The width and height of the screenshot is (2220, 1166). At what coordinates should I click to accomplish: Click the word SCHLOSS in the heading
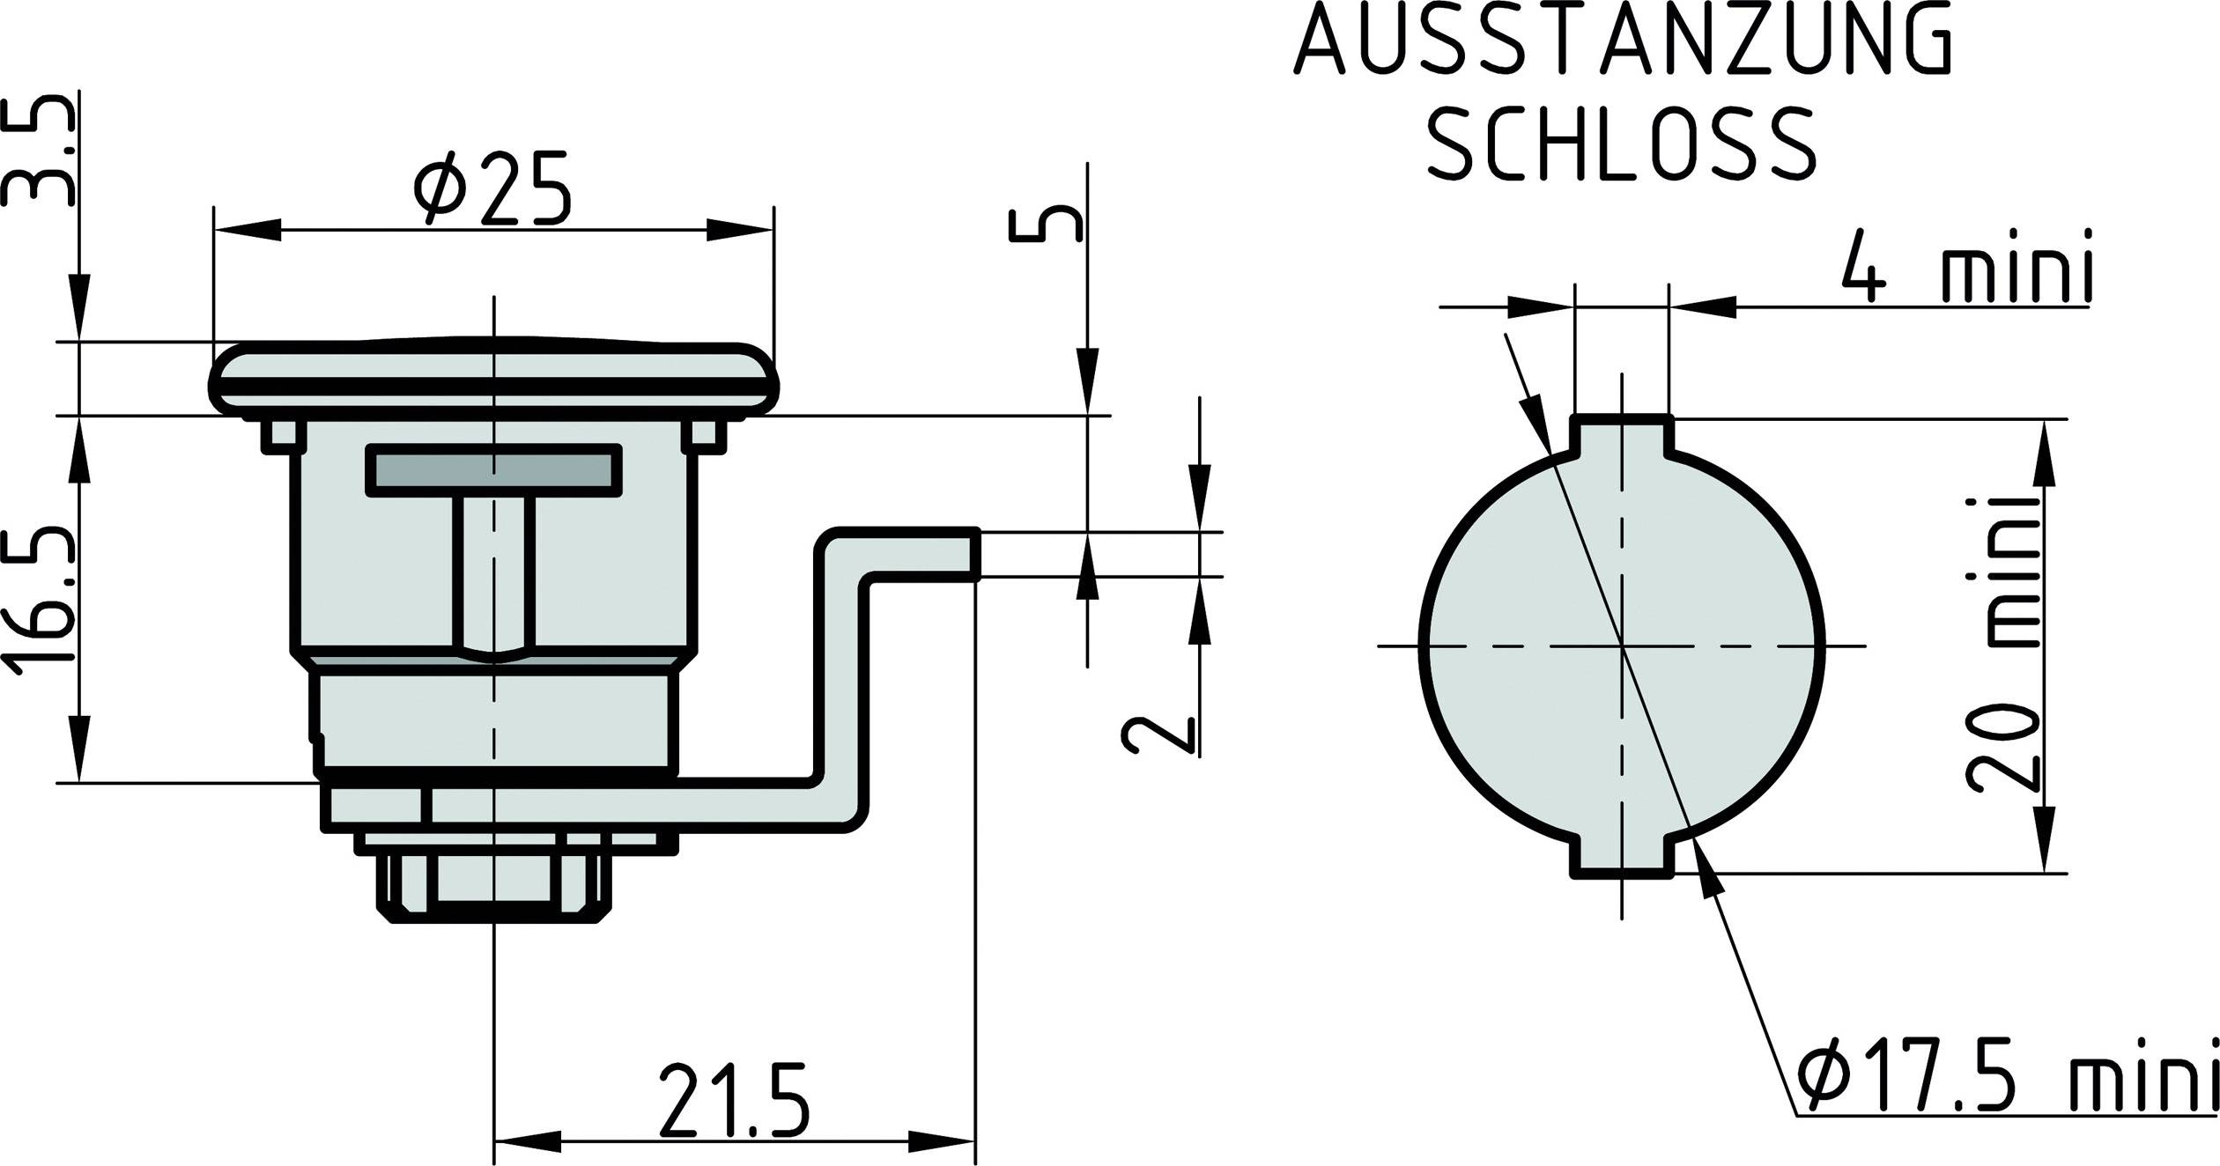[x=1621, y=144]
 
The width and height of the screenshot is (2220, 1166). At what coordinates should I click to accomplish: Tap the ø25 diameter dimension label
[x=493, y=189]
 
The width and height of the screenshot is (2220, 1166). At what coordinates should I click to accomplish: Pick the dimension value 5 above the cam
[x=1045, y=225]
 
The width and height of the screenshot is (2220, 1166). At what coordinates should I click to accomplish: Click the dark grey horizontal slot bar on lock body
[x=494, y=469]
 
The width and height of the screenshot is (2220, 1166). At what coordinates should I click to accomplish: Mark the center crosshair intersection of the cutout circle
[x=1622, y=646]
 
